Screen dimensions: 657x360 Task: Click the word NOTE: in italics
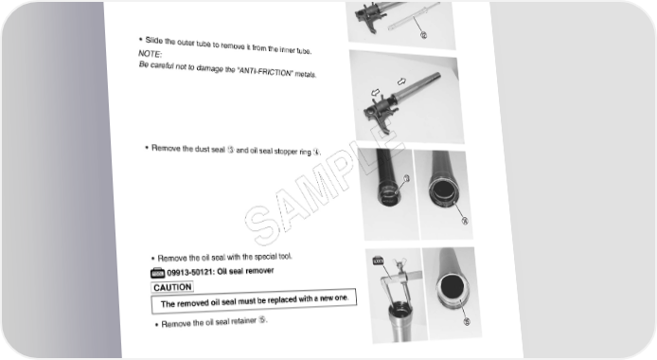click(x=150, y=54)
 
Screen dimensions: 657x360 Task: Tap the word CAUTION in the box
click(x=172, y=287)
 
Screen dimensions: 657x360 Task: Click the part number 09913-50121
click(x=190, y=273)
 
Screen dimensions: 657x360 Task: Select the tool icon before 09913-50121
click(x=157, y=273)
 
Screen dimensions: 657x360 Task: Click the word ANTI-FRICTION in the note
click(x=265, y=72)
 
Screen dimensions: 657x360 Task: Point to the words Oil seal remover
click(x=245, y=271)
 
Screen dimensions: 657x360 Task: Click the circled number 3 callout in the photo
click(x=405, y=178)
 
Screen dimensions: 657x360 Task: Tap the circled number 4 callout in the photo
click(x=465, y=221)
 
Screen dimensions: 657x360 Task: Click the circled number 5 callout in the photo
click(x=467, y=321)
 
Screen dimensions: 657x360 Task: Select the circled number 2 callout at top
click(x=423, y=35)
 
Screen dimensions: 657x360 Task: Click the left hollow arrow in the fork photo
click(x=376, y=92)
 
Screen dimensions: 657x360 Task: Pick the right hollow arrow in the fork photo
click(x=401, y=81)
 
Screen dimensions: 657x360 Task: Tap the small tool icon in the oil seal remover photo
click(x=378, y=261)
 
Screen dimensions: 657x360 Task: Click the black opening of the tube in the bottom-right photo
click(x=453, y=287)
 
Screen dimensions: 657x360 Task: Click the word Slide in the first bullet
click(x=153, y=40)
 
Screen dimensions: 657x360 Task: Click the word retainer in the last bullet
click(x=243, y=321)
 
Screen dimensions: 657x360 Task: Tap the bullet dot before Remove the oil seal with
click(x=153, y=259)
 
